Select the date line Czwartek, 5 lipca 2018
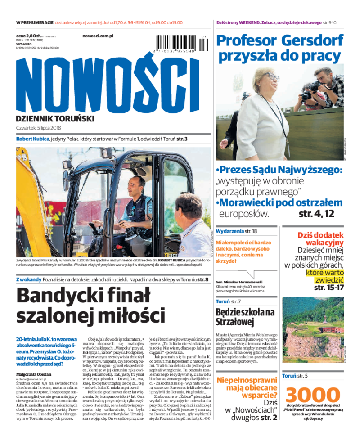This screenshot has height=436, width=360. pos(39,128)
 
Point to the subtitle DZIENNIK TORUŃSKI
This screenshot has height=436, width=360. pos(55,118)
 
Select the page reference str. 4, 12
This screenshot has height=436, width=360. pos(316,214)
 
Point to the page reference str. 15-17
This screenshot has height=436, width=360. pos(329,287)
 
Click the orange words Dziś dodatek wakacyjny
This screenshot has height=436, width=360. pos(320,239)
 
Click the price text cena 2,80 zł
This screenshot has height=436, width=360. pos(27,35)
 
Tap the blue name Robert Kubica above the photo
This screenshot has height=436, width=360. pos(32,139)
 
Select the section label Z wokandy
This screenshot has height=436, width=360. pos(28,280)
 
